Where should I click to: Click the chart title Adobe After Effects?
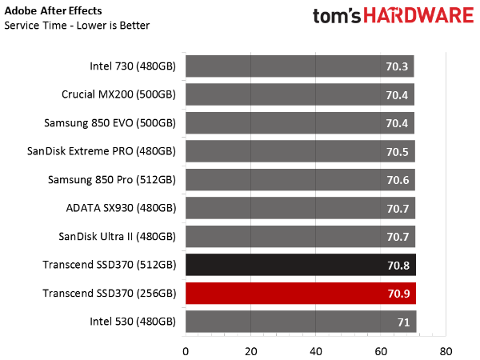(x=53, y=10)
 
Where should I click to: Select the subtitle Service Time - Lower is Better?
(x=77, y=26)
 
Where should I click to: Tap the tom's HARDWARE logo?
(x=394, y=15)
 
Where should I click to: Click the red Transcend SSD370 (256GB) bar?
(x=301, y=294)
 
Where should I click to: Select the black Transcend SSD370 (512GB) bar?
(x=301, y=265)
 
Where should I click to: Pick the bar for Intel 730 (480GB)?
(x=300, y=66)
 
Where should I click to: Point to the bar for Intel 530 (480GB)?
(x=301, y=322)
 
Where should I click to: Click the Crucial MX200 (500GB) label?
(x=118, y=94)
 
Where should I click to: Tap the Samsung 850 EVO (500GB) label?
(x=110, y=123)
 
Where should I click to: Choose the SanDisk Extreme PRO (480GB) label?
(x=102, y=151)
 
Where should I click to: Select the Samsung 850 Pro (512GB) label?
(x=112, y=180)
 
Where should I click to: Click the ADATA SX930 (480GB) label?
(x=121, y=208)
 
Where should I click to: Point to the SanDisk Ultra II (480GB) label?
(x=118, y=237)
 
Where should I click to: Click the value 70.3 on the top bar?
(x=397, y=66)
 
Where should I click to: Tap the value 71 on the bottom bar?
(x=403, y=322)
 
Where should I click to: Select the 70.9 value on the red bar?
(x=398, y=294)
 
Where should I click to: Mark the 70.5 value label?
(x=398, y=152)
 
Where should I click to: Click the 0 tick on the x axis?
(x=186, y=351)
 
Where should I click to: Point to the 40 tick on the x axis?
(x=316, y=351)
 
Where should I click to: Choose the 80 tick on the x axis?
(x=446, y=351)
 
